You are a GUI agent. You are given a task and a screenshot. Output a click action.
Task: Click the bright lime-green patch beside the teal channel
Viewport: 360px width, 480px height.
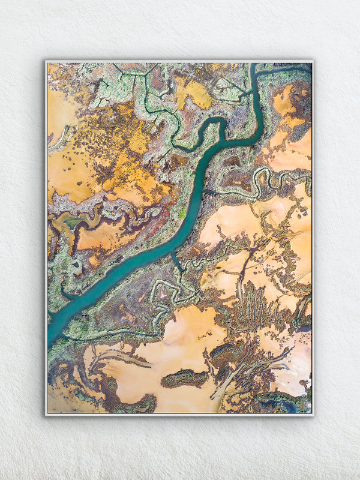click(182, 212)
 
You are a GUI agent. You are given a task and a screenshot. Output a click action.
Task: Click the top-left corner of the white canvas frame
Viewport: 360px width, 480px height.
click(46, 61)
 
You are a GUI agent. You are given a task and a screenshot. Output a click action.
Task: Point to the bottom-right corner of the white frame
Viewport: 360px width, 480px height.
click(313, 414)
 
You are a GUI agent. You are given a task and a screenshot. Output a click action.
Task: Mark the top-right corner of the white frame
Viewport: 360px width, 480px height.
click(313, 61)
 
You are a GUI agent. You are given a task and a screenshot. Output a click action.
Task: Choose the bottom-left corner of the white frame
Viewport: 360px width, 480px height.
click(46, 414)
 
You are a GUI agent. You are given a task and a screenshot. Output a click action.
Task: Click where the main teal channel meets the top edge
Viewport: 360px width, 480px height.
click(254, 64)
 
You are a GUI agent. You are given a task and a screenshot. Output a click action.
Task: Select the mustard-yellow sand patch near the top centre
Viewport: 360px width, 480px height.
click(193, 92)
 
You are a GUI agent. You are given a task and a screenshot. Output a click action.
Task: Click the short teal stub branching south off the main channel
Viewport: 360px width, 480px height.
click(176, 262)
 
